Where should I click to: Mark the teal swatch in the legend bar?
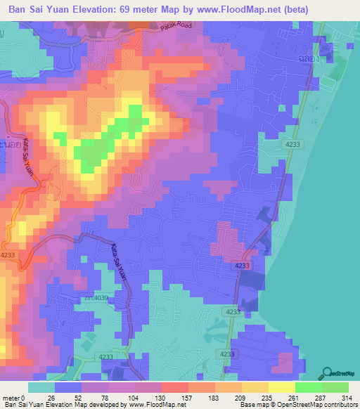(41, 387)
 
